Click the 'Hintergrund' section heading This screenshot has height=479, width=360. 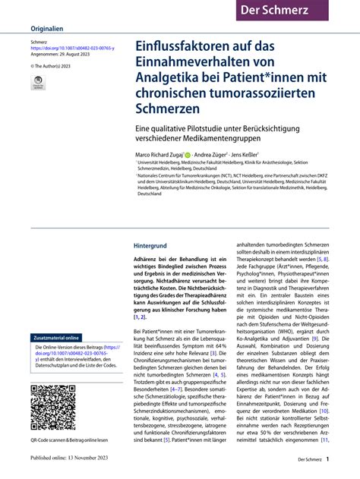pyautogui.click(x=155, y=247)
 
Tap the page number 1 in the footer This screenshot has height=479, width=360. pyautogui.click(x=327, y=459)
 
